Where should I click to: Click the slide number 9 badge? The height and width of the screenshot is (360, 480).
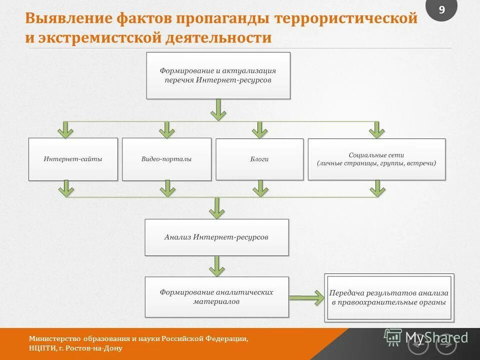[441, 9]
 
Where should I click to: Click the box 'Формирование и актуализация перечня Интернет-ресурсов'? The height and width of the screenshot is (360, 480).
[218, 75]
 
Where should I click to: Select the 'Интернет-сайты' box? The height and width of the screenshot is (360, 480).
[73, 159]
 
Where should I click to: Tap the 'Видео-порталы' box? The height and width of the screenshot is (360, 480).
[166, 159]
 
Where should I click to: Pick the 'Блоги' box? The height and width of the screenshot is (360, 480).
[259, 159]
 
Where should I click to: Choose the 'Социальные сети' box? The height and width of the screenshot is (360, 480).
[376, 159]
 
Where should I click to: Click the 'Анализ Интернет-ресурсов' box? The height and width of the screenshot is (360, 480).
[216, 237]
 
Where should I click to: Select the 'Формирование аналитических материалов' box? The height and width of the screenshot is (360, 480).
[216, 297]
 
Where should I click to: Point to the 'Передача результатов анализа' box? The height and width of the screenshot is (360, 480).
[389, 297]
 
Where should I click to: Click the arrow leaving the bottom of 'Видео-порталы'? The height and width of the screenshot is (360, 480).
[167, 188]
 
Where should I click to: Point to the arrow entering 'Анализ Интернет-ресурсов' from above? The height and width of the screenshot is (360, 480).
[216, 208]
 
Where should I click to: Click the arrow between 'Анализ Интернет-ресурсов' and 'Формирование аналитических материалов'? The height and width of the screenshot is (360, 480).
[216, 266]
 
